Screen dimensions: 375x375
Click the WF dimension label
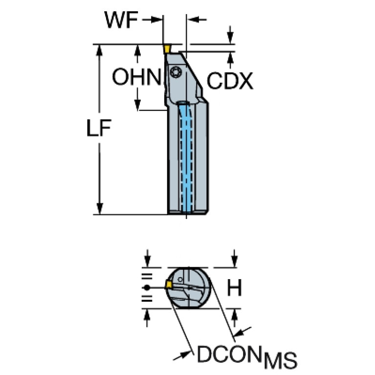[121, 20]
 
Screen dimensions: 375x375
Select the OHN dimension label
[137, 77]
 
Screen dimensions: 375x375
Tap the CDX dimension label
[230, 81]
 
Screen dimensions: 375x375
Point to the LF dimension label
[99, 128]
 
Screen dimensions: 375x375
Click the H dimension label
[234, 287]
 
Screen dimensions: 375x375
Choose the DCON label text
[228, 353]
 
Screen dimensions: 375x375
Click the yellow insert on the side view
[167, 49]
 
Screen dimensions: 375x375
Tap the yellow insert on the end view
[169, 285]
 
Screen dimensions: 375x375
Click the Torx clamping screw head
[176, 72]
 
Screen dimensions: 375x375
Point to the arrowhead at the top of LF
[99, 50]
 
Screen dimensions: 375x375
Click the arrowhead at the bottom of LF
[99, 209]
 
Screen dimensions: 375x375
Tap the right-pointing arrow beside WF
[152, 20]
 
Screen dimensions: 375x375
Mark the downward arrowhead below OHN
[137, 105]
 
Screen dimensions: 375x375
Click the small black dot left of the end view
[147, 287]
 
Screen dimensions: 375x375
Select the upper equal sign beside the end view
[147, 276]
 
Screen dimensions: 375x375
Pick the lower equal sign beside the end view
[147, 298]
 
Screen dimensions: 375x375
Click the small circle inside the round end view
[180, 280]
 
